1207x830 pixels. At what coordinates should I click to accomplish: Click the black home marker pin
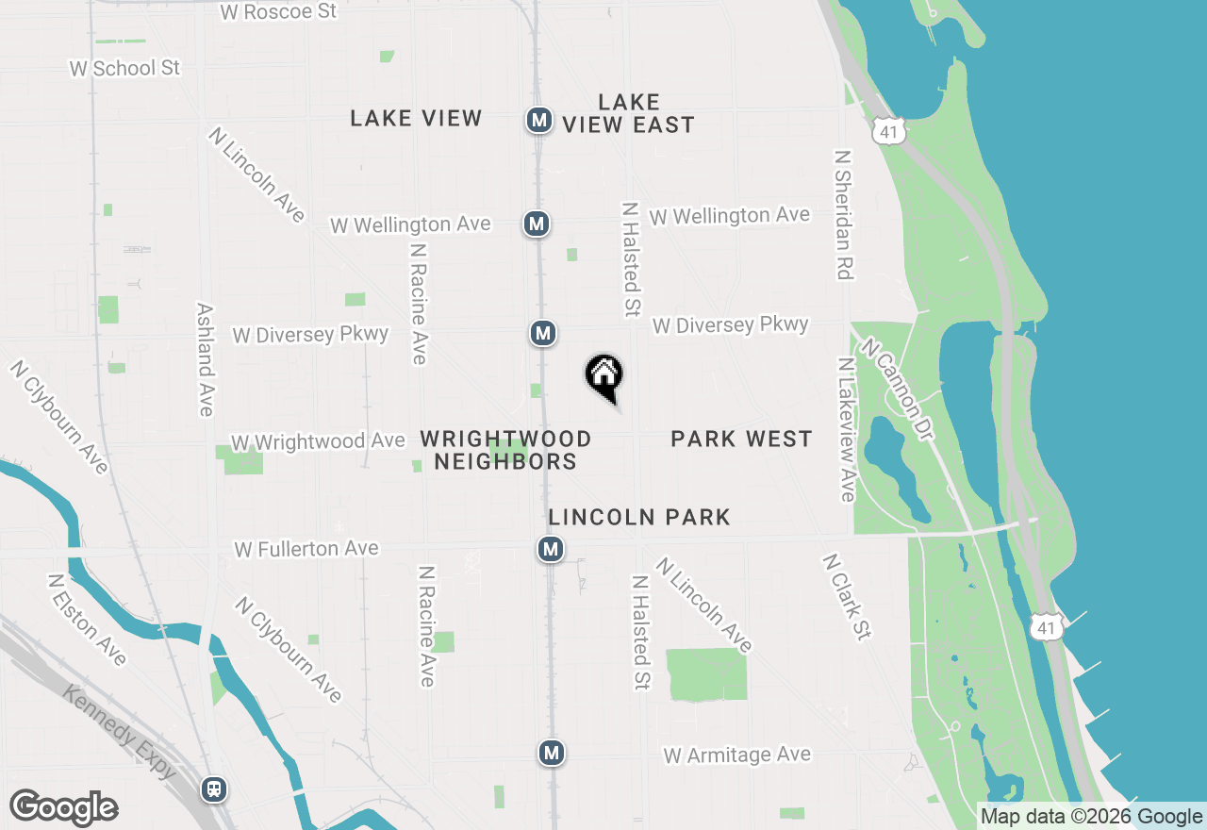click(604, 375)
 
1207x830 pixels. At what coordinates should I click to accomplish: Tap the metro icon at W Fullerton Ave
click(551, 548)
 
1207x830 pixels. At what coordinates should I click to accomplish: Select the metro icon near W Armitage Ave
click(552, 753)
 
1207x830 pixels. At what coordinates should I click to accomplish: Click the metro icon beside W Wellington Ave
click(537, 224)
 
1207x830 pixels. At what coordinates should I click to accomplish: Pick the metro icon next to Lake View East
click(538, 120)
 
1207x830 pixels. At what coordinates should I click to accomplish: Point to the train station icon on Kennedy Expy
click(215, 788)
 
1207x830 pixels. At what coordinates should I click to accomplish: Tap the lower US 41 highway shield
click(1050, 626)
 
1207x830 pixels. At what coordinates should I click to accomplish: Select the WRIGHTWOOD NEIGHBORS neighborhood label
click(505, 450)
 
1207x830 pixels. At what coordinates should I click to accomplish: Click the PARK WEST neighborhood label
click(741, 439)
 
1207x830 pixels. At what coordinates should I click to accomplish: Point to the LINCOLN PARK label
click(639, 517)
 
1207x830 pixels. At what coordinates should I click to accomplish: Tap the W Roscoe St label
click(277, 12)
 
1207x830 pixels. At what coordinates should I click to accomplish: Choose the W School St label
click(124, 68)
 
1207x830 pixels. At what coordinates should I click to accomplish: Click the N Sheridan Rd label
click(844, 214)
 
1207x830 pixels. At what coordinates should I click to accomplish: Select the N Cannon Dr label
click(896, 389)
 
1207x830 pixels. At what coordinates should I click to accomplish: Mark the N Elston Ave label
click(87, 620)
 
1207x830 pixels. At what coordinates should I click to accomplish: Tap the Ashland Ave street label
click(205, 359)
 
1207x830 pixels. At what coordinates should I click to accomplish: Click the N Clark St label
click(846, 596)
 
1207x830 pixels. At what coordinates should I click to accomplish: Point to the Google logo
click(63, 808)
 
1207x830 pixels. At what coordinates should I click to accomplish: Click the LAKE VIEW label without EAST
click(416, 118)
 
